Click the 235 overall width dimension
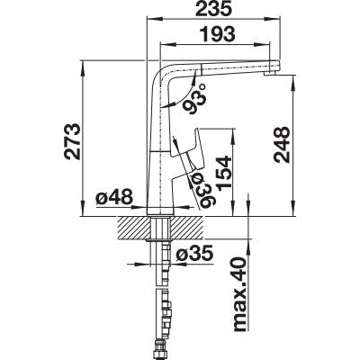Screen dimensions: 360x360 click(x=213, y=9)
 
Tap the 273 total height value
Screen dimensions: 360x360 click(x=72, y=141)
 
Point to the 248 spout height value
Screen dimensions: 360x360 click(x=282, y=145)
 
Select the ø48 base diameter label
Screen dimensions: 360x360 click(x=114, y=197)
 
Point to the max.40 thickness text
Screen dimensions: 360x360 click(x=240, y=294)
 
